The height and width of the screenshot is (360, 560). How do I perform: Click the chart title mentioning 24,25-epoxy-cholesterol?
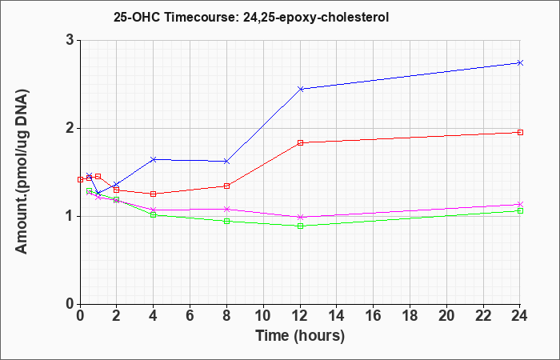(x=251, y=17)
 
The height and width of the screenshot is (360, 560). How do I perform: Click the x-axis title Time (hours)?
(x=300, y=336)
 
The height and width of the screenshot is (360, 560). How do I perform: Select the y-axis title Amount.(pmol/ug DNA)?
(x=22, y=172)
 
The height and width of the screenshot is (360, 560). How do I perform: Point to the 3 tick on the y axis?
(x=70, y=40)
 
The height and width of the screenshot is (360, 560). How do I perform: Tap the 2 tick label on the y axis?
(x=70, y=128)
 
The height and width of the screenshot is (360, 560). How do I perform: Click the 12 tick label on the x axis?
(x=300, y=316)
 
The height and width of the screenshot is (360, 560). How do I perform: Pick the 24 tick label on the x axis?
(x=520, y=316)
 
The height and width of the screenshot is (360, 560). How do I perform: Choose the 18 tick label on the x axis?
(x=410, y=316)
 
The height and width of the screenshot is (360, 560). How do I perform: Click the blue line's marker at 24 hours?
(x=520, y=63)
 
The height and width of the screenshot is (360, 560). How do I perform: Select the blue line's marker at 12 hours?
(x=300, y=89)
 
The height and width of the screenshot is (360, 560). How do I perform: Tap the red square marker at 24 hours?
(x=520, y=133)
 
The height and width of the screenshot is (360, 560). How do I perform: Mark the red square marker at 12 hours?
(x=300, y=143)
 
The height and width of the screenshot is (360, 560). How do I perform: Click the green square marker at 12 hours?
(x=300, y=226)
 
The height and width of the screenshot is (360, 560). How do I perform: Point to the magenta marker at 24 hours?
(x=520, y=204)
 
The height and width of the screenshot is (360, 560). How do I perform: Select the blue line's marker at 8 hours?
(x=226, y=162)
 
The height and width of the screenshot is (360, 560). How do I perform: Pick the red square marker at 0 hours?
(x=80, y=180)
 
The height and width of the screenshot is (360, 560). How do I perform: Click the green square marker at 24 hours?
(x=520, y=211)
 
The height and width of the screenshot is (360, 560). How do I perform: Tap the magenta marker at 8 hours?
(x=226, y=209)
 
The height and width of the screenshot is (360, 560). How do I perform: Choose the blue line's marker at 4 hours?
(x=154, y=160)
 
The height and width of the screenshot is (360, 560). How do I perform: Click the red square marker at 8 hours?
(x=226, y=186)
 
